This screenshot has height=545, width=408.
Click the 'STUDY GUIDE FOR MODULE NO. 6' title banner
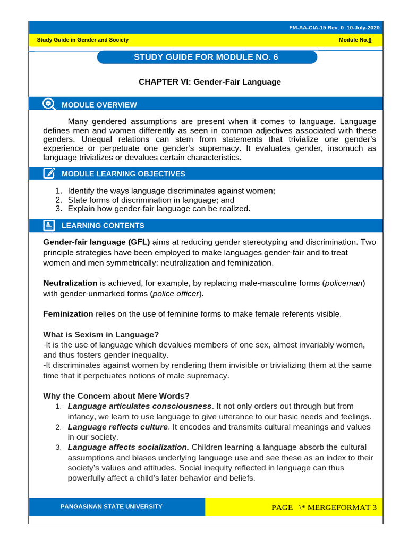[207, 57]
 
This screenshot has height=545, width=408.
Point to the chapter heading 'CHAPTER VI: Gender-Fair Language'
[209, 82]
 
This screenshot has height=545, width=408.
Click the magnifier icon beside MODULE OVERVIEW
[49, 104]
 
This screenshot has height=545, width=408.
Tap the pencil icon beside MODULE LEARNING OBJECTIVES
[49, 174]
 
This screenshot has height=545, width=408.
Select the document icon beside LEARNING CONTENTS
[49, 225]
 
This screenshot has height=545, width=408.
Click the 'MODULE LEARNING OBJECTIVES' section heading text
[123, 174]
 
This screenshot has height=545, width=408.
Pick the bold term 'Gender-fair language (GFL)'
[96, 242]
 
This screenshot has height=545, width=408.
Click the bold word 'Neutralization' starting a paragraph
[70, 283]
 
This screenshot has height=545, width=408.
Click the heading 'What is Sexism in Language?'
[101, 334]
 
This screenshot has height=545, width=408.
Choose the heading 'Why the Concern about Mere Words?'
[116, 395]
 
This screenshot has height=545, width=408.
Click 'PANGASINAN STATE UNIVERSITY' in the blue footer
[112, 507]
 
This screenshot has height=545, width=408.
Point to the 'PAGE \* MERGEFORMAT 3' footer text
[324, 507]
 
